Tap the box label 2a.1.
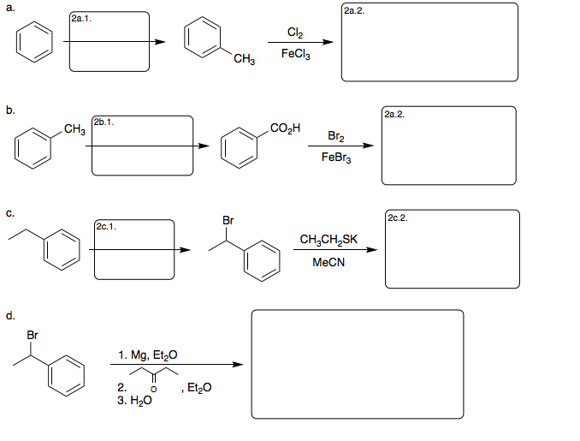(x=83, y=17)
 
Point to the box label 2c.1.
(x=106, y=226)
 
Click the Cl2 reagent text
(x=294, y=34)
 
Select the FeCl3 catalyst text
(x=294, y=54)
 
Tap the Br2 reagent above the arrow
(x=337, y=137)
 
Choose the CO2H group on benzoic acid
(x=282, y=128)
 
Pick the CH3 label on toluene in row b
(x=74, y=129)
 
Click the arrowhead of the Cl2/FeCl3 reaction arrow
(x=327, y=45)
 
